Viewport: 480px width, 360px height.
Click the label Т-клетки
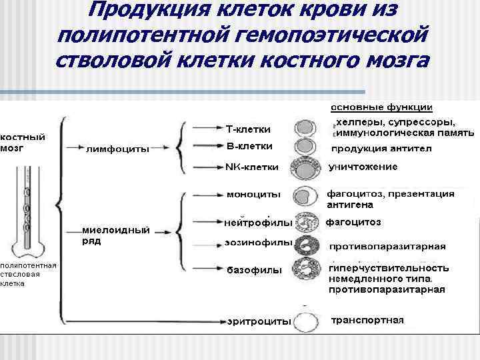(x=248, y=128)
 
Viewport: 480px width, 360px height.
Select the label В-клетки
(x=249, y=145)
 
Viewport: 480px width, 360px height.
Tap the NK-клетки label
(x=253, y=167)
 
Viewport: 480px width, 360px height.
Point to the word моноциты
(x=253, y=195)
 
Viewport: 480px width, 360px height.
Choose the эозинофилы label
(x=259, y=242)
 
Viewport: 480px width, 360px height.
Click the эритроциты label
(x=259, y=321)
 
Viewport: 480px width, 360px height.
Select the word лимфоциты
(x=118, y=149)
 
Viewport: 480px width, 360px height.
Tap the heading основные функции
(x=381, y=107)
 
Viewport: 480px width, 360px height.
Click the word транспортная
(x=367, y=320)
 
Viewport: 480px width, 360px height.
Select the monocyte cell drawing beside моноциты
(x=306, y=196)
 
